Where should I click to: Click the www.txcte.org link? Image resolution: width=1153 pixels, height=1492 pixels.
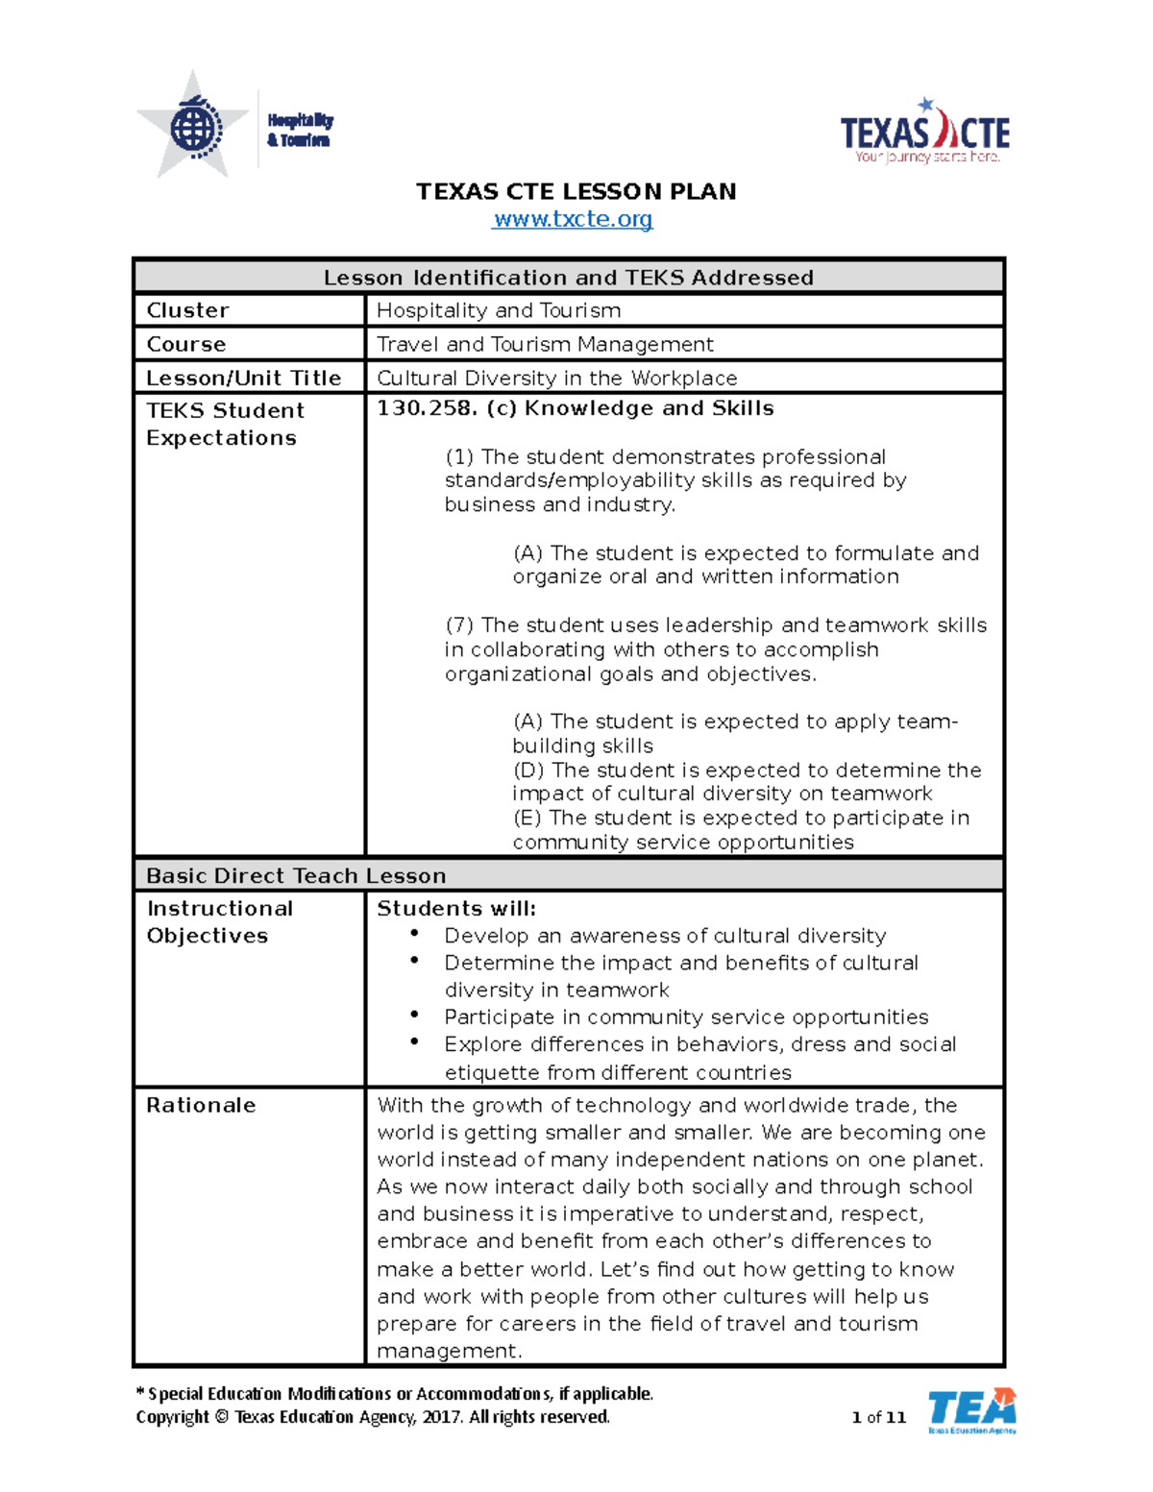pyautogui.click(x=573, y=219)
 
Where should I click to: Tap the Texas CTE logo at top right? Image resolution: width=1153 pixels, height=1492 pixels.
pyautogui.click(x=924, y=133)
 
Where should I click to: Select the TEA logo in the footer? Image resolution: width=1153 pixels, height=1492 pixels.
pyautogui.click(x=971, y=1410)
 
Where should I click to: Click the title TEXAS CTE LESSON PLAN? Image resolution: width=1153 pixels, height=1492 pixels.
pyautogui.click(x=576, y=191)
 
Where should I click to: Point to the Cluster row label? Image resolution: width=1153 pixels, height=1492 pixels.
pyautogui.click(x=188, y=310)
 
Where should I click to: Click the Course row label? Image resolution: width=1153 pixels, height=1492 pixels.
pyautogui.click(x=186, y=344)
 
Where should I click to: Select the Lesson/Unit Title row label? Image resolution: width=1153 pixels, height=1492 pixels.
pyautogui.click(x=244, y=378)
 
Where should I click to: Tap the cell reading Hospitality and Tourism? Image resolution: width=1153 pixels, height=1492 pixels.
pyautogui.click(x=499, y=310)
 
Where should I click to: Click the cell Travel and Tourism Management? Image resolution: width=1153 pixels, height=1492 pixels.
pyautogui.click(x=545, y=344)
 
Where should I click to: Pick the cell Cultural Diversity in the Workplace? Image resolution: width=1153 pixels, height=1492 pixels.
pyautogui.click(x=556, y=378)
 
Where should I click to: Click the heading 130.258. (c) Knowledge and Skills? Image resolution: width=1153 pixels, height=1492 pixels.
pyautogui.click(x=575, y=408)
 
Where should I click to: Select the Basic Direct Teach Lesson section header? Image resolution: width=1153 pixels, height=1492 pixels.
pyautogui.click(x=296, y=875)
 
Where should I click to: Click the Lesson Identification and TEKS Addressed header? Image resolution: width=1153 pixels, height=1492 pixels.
pyautogui.click(x=569, y=278)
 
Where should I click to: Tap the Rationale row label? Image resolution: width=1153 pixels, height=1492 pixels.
pyautogui.click(x=201, y=1105)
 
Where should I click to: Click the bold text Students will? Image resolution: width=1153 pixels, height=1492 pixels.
pyautogui.click(x=456, y=908)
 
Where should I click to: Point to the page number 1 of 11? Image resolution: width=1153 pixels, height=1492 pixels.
pyautogui.click(x=878, y=1417)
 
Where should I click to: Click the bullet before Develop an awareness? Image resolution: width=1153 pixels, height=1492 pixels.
pyautogui.click(x=414, y=934)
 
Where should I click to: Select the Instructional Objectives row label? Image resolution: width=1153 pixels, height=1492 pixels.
pyautogui.click(x=219, y=921)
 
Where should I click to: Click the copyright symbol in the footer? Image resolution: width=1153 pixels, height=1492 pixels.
pyautogui.click(x=222, y=1417)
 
